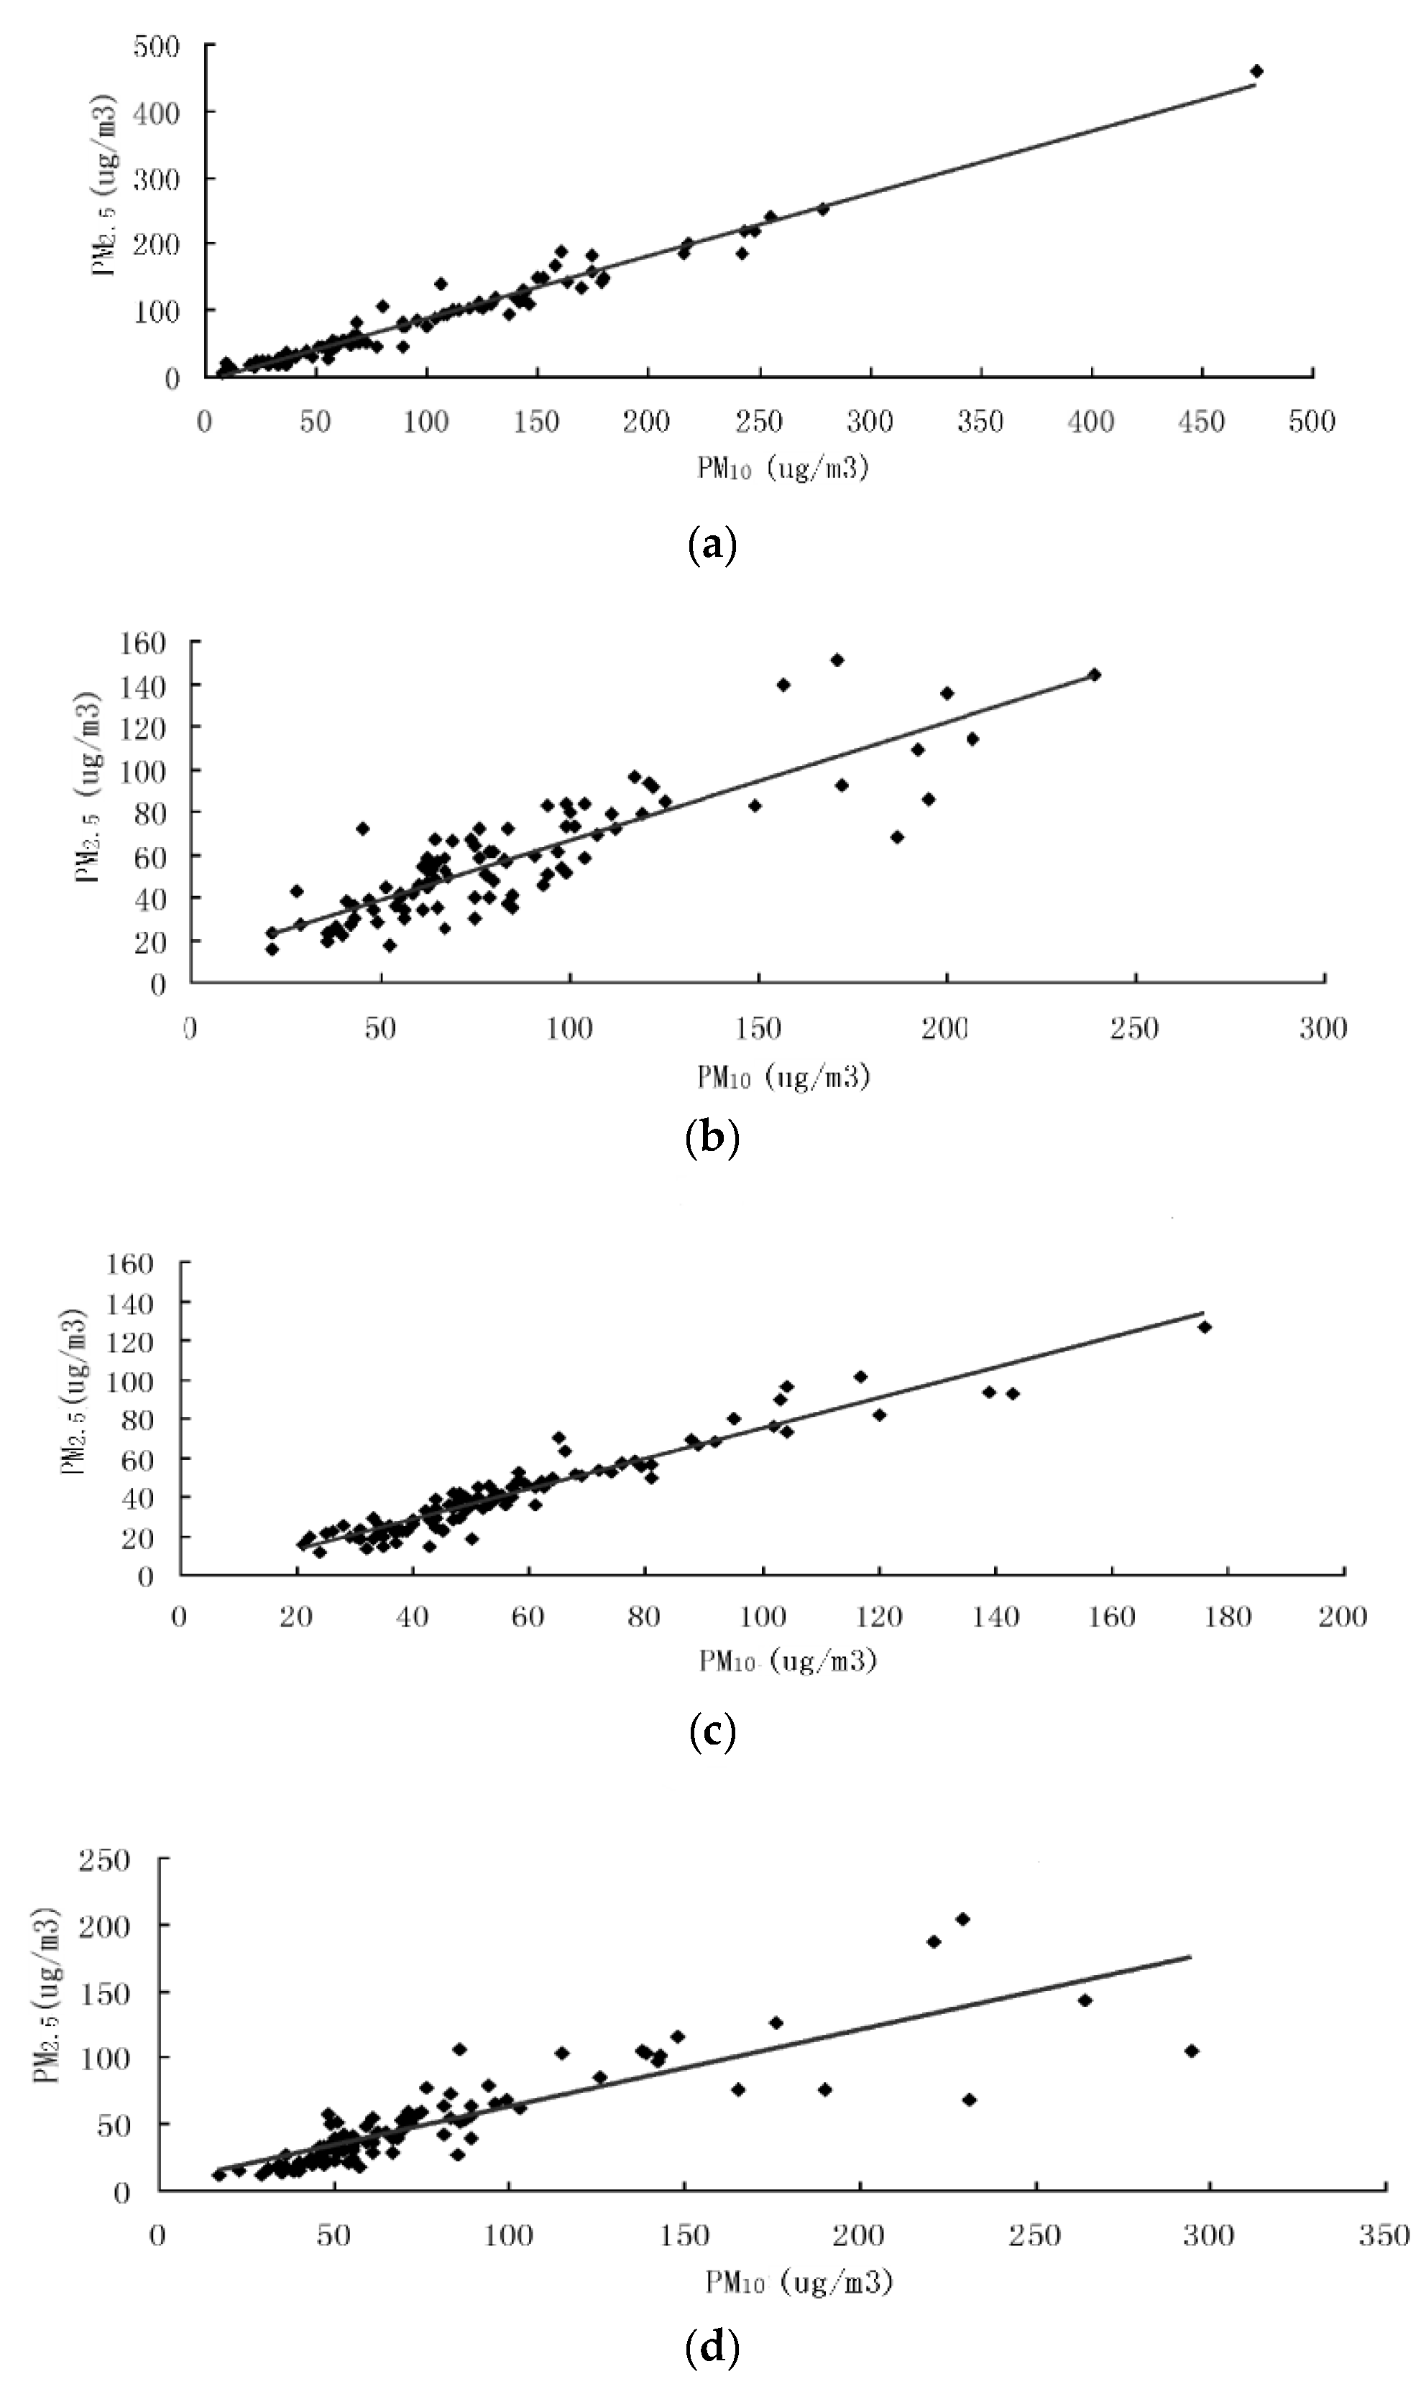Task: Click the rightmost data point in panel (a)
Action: tap(1256, 71)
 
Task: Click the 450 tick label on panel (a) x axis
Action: tap(1202, 422)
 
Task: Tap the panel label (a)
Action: tap(712, 545)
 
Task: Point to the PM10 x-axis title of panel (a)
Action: tap(783, 468)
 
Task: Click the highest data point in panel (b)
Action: tap(837, 660)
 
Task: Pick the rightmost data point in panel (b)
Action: tap(1093, 674)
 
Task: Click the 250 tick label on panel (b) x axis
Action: tap(1135, 1029)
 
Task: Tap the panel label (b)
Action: tap(712, 1137)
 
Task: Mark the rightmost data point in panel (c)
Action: tap(1204, 1326)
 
